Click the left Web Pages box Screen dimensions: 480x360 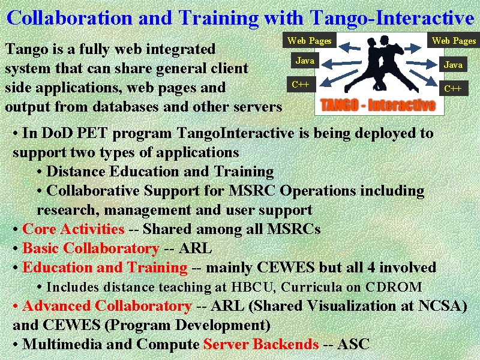pos(310,40)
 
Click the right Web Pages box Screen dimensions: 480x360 pos(454,40)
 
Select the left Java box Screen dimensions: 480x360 pos(305,61)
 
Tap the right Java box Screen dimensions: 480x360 pos(453,64)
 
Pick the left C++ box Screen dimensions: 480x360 pos(301,84)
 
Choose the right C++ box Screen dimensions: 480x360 pos(454,88)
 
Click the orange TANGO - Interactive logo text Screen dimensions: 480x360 pos(378,105)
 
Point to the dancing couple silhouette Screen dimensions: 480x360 pos(381,64)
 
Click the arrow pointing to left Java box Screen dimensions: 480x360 pos(341,64)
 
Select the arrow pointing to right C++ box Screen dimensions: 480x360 pos(424,78)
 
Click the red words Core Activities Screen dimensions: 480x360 pos(73,229)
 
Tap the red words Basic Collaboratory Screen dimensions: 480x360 pos(91,248)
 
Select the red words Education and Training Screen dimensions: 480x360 pos(104,268)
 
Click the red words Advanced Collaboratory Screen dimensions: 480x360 pos(107,306)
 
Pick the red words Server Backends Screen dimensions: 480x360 pos(261,344)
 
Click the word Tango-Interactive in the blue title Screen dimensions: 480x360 pos(392,18)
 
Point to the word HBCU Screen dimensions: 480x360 pos(251,287)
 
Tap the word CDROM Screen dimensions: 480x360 pos(394,287)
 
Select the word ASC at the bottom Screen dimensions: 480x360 pos(353,344)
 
